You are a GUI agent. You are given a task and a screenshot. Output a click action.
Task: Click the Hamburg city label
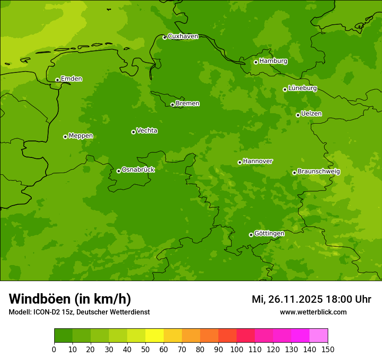coord(273,61)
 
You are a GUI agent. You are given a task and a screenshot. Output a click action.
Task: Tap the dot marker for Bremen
coord(172,105)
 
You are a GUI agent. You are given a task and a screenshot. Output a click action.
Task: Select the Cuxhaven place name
coord(183,36)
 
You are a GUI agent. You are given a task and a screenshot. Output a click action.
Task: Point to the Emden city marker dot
coord(57,80)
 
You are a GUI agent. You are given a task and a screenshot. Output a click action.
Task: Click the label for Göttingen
coord(269,234)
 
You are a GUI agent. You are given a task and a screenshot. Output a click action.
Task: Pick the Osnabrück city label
coord(138,170)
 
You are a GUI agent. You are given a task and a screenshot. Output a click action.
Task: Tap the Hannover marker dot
coord(240,163)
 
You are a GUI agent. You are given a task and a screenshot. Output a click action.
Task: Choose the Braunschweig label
coord(319,172)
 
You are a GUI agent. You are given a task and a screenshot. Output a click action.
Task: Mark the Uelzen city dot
coord(298,115)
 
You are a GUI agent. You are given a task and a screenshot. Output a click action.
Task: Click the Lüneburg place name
coord(303,88)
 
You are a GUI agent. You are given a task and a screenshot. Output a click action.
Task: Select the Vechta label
coord(147,131)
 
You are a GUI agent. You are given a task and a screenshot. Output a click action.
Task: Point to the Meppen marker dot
coord(65,137)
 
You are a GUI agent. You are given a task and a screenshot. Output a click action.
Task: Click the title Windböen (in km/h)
coord(70,299)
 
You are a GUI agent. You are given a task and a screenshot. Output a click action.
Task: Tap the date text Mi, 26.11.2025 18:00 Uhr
coord(311,300)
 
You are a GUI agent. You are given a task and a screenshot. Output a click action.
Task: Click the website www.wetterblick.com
coord(313,312)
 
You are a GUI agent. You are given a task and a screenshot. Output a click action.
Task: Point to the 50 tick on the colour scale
coord(145,349)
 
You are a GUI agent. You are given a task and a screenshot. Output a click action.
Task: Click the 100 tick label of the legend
coord(237,349)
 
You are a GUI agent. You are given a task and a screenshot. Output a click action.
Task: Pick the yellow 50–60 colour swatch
coord(155,336)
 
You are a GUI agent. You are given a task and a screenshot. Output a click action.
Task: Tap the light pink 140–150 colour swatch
coord(319,336)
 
